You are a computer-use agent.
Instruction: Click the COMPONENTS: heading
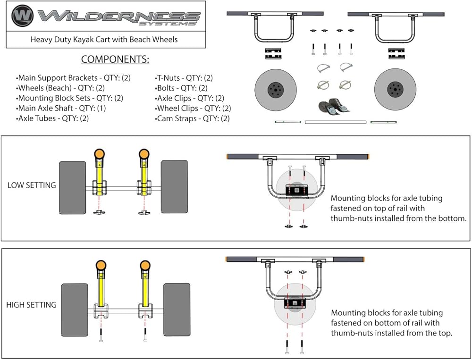coord(115,59)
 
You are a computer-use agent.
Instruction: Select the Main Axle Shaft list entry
coord(58,108)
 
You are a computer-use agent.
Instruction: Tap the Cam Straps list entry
coord(193,118)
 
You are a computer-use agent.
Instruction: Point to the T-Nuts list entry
coord(184,78)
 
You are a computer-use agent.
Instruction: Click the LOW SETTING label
coord(32,185)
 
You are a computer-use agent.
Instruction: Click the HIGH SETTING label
coord(31,305)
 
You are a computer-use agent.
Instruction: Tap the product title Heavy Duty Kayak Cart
coord(104,40)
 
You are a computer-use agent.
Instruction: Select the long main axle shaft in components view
coord(335,122)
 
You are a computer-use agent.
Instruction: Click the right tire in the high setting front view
coord(177,309)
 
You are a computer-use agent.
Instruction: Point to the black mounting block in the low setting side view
coord(296,190)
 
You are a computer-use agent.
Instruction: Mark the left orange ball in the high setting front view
coord(100,265)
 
